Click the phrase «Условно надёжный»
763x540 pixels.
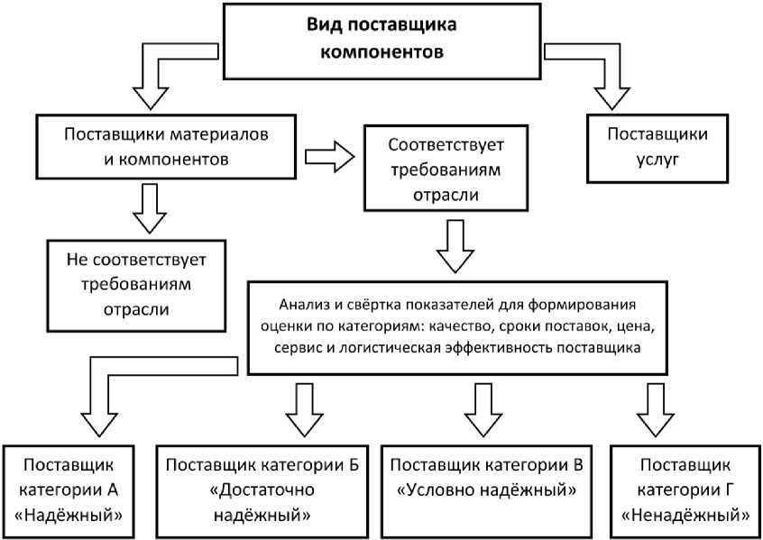(x=488, y=491)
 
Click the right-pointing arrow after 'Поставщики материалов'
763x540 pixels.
(x=329, y=155)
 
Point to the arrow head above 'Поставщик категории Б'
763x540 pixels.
(x=304, y=416)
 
